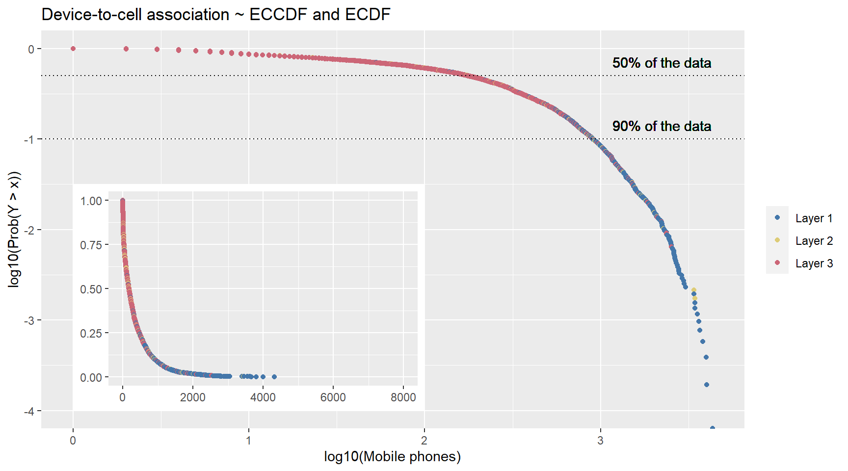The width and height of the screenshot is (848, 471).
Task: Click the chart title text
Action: [x=216, y=14]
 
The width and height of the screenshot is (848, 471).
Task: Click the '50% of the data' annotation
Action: [x=662, y=63]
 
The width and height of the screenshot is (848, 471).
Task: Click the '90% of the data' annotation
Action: [x=662, y=126]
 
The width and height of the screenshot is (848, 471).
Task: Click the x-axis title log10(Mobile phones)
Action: [x=392, y=456]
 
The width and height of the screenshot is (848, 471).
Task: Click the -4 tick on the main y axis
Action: [x=29, y=411]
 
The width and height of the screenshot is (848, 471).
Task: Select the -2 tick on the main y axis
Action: [x=29, y=230]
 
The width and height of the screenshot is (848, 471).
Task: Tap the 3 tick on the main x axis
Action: [x=600, y=440]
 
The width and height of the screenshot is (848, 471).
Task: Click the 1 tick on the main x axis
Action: [x=249, y=440]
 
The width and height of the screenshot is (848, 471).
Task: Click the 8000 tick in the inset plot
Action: [x=403, y=397]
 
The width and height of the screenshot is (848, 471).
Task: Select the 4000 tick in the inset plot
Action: [x=263, y=397]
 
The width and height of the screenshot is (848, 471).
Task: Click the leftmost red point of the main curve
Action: [x=73, y=49]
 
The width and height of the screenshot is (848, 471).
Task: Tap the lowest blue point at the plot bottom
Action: [x=713, y=428]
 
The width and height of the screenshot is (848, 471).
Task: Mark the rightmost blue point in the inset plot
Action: [x=274, y=377]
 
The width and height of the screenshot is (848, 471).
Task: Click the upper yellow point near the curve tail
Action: [x=693, y=290]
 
